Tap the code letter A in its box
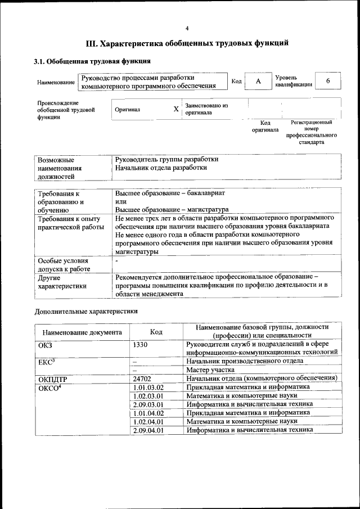pyautogui.click(x=258, y=82)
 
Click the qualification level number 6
pyautogui.click(x=328, y=81)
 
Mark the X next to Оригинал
pyautogui.click(x=176, y=109)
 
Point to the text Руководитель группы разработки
pyautogui.click(x=166, y=159)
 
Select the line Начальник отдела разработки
pyautogui.click(x=161, y=168)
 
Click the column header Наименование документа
pyautogui.click(x=82, y=332)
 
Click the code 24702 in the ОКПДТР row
pyautogui.click(x=142, y=379)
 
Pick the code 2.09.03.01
pyautogui.click(x=148, y=404)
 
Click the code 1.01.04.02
pyautogui.click(x=148, y=413)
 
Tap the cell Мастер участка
pyautogui.click(x=210, y=370)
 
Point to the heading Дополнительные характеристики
pyautogui.click(x=86, y=310)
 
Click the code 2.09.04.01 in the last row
pyautogui.click(x=148, y=430)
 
